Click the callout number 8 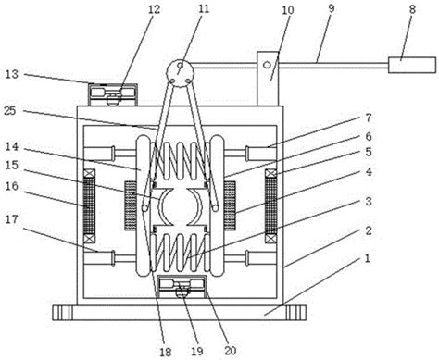click(x=412, y=9)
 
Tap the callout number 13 click(x=12, y=74)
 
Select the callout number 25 click(x=10, y=111)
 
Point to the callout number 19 click(x=197, y=351)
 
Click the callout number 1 click(x=367, y=258)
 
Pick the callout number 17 click(x=12, y=219)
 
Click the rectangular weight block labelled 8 click(x=412, y=65)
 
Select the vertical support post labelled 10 click(x=268, y=79)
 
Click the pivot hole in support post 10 click(x=267, y=65)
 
